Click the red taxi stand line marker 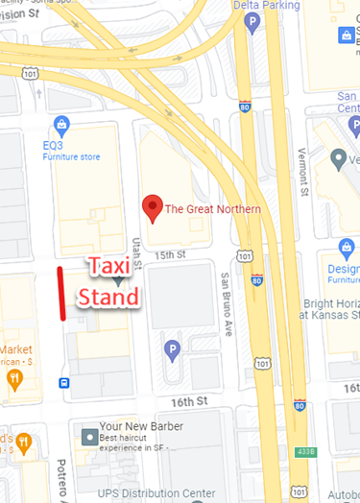tap(61, 293)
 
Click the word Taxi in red tap(113, 266)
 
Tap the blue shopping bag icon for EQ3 tap(62, 124)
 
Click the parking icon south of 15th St tap(173, 348)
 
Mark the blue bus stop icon tap(63, 382)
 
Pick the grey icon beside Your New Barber tap(89, 438)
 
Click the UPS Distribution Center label tap(156, 493)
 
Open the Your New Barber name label tap(141, 426)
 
